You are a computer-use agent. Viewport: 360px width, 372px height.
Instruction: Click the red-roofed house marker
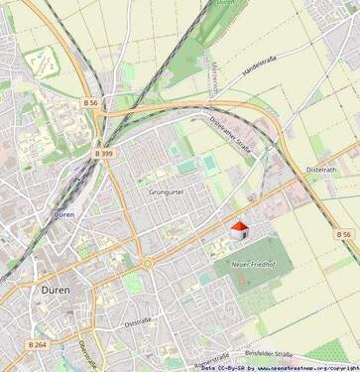[x=238, y=230]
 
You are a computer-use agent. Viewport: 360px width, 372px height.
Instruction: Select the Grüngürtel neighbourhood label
[x=167, y=191]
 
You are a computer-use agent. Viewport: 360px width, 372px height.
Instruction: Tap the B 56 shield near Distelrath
[x=342, y=234]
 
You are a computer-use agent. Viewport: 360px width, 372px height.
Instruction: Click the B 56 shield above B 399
[x=91, y=102]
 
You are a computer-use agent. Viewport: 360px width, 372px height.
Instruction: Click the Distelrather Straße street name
[x=230, y=139]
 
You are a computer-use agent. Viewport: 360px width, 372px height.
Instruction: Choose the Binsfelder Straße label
[x=269, y=352]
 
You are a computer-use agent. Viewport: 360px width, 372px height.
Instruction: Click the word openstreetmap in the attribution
[x=297, y=367]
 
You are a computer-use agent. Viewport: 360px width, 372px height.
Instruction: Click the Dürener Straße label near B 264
[x=88, y=353]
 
